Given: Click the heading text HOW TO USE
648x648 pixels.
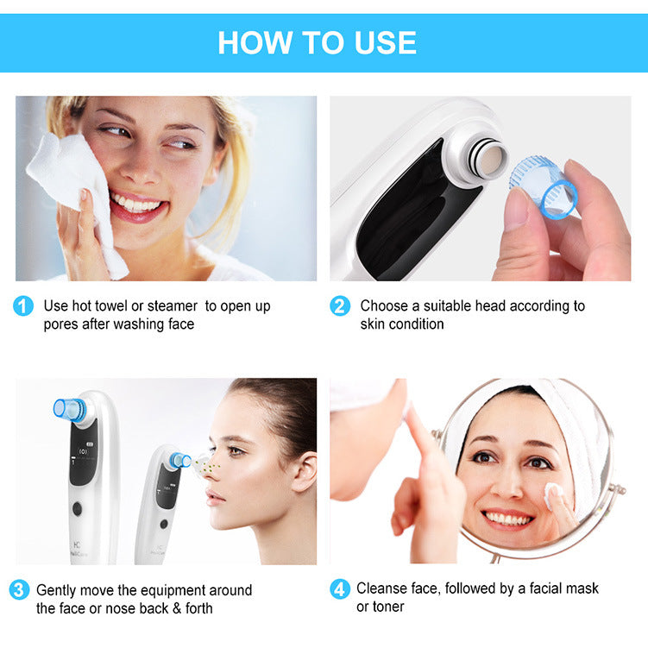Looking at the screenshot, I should tap(317, 42).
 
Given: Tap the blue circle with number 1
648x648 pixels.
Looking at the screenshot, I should tap(23, 306).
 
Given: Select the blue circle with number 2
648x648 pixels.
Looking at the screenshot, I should tap(340, 306).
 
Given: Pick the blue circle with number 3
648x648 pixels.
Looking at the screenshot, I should tap(19, 590).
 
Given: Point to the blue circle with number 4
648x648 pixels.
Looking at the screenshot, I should tap(340, 589).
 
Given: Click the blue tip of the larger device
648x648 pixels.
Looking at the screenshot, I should tap(69, 409).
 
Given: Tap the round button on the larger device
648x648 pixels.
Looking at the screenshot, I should tap(77, 508).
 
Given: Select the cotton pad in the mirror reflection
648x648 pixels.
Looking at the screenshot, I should tap(552, 493).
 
